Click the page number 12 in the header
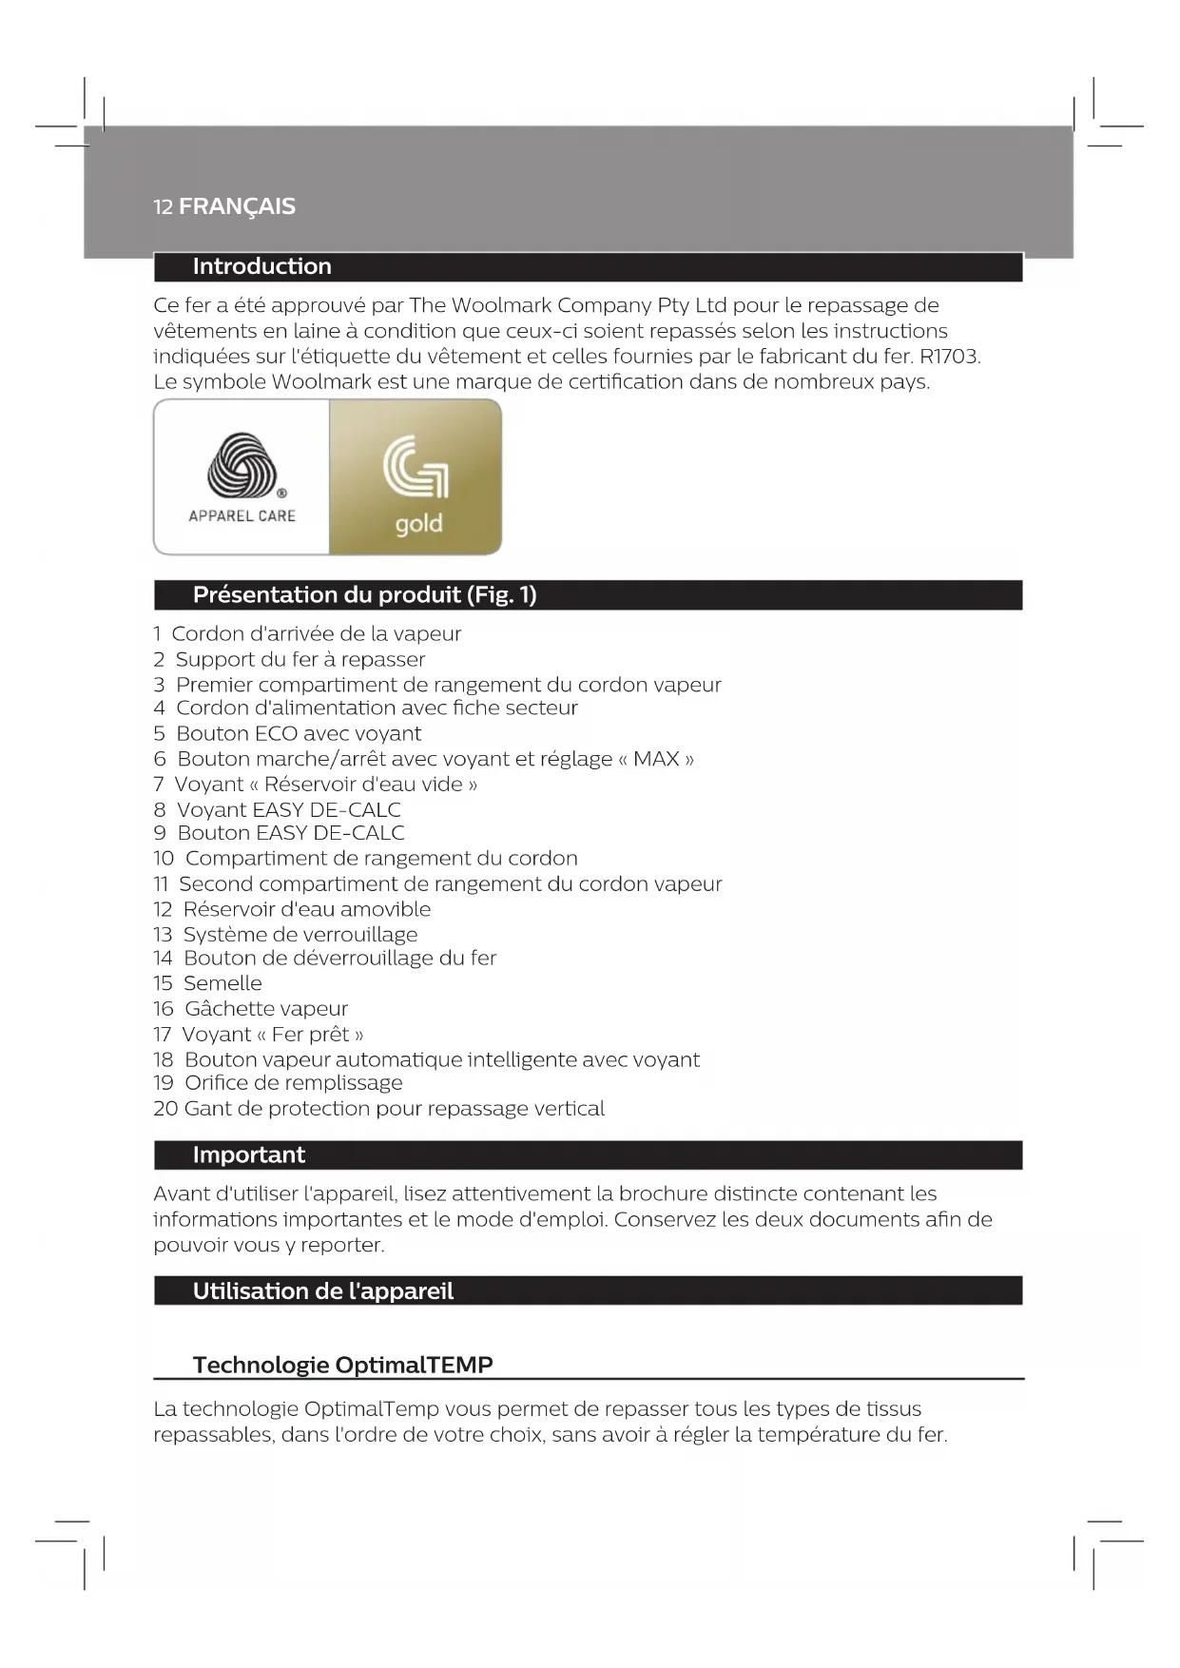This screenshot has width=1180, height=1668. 163,207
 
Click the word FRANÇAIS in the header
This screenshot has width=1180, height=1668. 237,206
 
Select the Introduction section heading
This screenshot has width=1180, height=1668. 261,266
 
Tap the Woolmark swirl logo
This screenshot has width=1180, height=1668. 242,465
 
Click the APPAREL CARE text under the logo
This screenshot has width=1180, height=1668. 242,515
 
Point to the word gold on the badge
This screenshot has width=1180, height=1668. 418,524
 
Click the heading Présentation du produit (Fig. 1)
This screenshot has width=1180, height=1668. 364,595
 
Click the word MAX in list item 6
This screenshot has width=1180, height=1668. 656,759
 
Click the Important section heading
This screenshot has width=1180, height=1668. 248,1155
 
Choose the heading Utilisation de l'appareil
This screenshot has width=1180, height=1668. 322,1291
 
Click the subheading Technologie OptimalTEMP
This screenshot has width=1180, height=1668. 342,1366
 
